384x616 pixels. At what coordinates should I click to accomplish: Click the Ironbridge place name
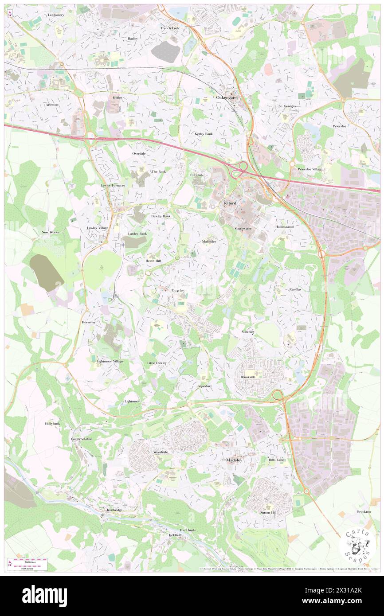(x=114, y=510)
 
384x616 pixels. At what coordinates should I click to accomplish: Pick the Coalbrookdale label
(x=81, y=439)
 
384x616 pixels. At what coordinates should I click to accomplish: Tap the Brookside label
(x=248, y=377)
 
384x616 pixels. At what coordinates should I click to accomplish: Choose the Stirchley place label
(x=248, y=331)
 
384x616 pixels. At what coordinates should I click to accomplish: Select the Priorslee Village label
(x=310, y=169)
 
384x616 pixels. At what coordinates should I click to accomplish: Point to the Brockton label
(x=364, y=511)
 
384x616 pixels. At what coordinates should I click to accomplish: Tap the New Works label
(x=50, y=232)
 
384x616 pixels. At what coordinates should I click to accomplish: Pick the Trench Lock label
(x=169, y=28)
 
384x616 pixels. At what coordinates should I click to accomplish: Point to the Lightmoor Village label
(x=110, y=362)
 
